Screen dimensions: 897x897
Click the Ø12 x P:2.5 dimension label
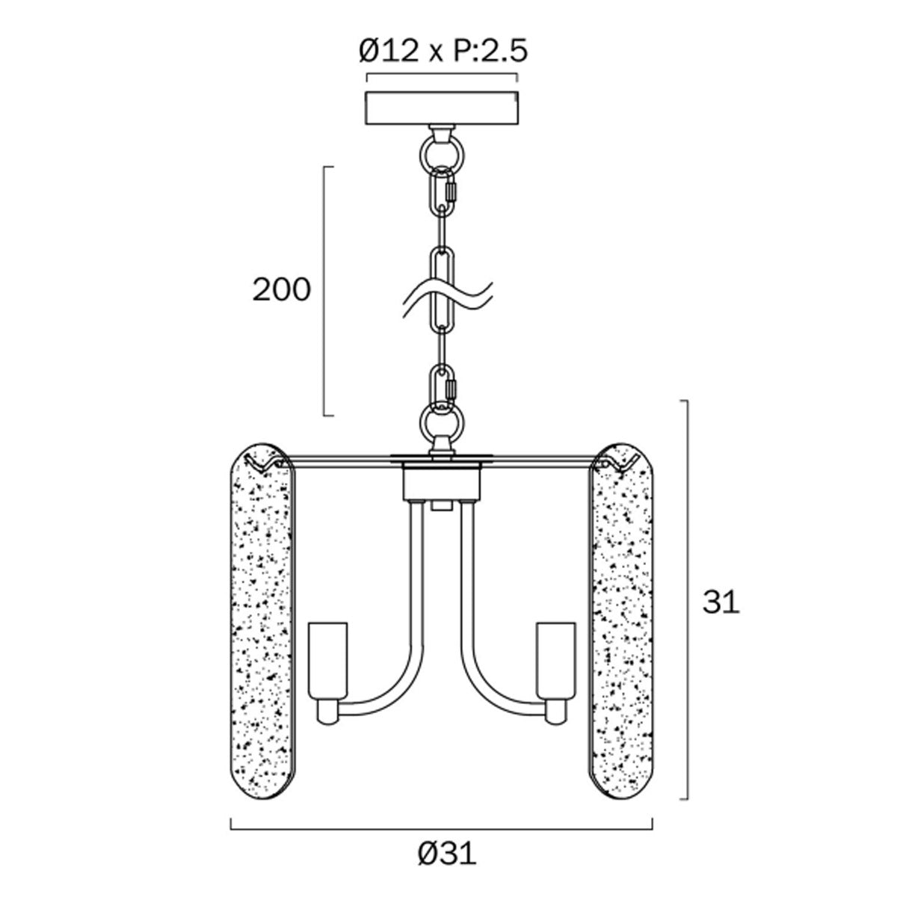(443, 51)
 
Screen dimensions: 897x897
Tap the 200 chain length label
(281, 289)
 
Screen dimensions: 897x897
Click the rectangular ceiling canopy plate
(442, 108)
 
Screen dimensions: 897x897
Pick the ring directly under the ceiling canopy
(442, 152)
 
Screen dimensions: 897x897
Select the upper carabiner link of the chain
(443, 192)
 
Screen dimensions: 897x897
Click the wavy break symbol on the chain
(447, 299)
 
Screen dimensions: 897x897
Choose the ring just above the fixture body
(442, 424)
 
